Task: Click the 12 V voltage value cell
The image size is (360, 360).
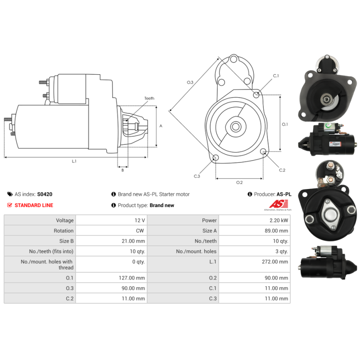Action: [140, 220]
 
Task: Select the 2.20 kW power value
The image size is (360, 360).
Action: [279, 220]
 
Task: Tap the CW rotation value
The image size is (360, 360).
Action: [141, 231]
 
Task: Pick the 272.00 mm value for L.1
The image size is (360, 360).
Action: [277, 261]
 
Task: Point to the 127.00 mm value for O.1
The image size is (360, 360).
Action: [134, 278]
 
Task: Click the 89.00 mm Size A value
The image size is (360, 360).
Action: [277, 231]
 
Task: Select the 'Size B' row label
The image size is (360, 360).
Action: [66, 241]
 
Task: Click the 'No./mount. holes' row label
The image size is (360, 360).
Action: [196, 252]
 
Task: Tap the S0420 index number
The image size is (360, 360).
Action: [45, 194]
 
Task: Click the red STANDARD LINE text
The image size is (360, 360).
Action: [34, 205]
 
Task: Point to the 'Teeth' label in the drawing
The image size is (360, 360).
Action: [149, 99]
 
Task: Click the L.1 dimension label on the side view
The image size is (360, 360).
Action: [74, 161]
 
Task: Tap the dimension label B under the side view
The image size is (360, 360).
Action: [122, 170]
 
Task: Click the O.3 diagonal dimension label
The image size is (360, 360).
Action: [190, 82]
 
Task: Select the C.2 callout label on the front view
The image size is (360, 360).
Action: [282, 170]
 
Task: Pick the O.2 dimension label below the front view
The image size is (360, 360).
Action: [239, 182]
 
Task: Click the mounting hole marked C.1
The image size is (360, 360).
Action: [256, 94]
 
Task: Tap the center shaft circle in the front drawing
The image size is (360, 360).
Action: [235, 126]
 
